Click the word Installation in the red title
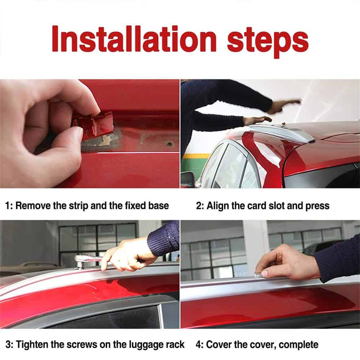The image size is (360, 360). pyautogui.click(x=134, y=39)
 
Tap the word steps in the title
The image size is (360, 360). pyautogui.click(x=268, y=42)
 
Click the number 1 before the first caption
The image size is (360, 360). pyautogui.click(x=8, y=206)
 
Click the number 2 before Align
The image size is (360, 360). pyautogui.click(x=199, y=206)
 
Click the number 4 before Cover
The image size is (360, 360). pyautogui.click(x=198, y=345)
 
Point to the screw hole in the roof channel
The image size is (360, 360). pyautogui.click(x=170, y=144)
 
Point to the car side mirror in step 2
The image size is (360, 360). pyautogui.click(x=188, y=177)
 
